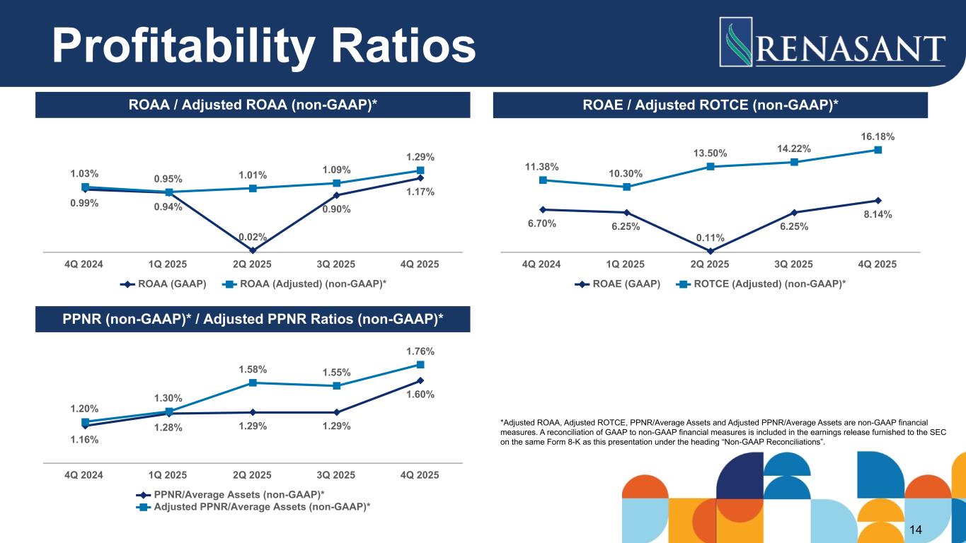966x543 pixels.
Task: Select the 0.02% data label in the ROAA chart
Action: click(x=253, y=236)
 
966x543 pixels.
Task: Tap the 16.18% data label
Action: click(x=878, y=134)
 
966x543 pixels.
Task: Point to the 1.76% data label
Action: click(x=420, y=351)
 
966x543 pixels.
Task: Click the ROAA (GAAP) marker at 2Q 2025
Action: click(x=253, y=250)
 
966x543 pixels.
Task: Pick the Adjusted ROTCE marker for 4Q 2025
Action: click(x=878, y=149)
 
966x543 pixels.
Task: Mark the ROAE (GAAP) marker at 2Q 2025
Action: click(x=710, y=250)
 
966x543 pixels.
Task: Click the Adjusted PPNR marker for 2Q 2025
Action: click(x=253, y=383)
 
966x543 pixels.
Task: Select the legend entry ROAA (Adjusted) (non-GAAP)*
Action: click(x=312, y=284)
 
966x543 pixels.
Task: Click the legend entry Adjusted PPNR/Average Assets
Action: click(x=255, y=506)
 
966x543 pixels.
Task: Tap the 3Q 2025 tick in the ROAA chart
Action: click(x=336, y=264)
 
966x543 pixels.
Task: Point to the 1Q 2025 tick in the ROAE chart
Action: click(x=626, y=264)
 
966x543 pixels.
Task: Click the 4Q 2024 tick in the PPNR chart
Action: click(x=84, y=474)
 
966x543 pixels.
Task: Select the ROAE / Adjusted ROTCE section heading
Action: click(x=710, y=105)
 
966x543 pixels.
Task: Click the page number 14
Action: click(x=916, y=530)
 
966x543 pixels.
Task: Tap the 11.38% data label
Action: click(x=542, y=167)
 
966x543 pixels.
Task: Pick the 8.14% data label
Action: click(x=878, y=215)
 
